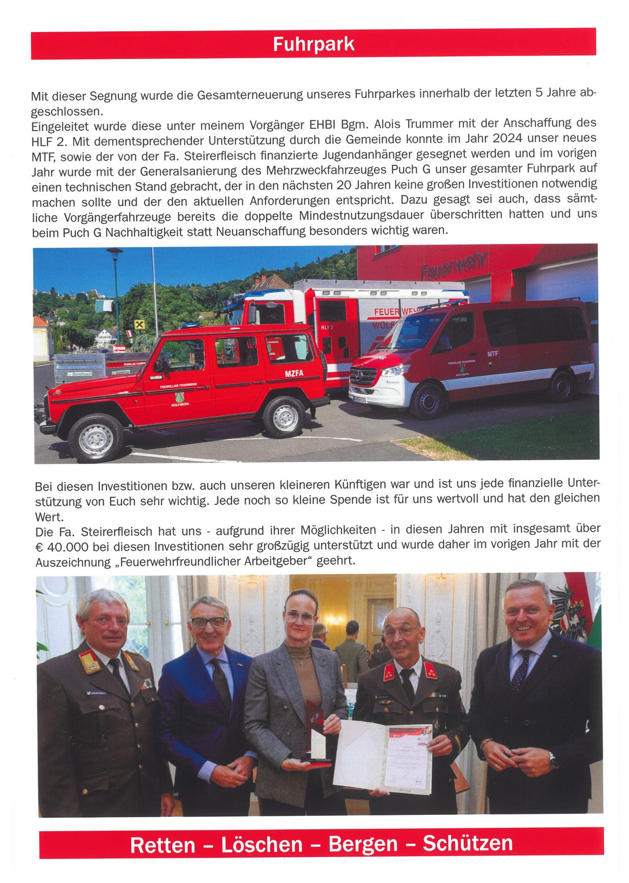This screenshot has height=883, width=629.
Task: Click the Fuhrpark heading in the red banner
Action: pyautogui.click(x=314, y=44)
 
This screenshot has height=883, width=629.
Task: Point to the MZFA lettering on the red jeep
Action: pyautogui.click(x=294, y=373)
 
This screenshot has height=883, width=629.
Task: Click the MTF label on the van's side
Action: pyautogui.click(x=492, y=354)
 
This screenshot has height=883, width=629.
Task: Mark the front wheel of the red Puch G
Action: pyautogui.click(x=96, y=438)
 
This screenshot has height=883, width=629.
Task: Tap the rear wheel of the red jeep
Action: pyautogui.click(x=284, y=417)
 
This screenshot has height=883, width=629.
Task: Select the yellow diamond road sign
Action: pyautogui.click(x=139, y=325)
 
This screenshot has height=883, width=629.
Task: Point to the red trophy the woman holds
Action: pyautogui.click(x=316, y=727)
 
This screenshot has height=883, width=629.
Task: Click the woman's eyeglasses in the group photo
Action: pyautogui.click(x=300, y=617)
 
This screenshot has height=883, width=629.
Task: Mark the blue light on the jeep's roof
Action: pyautogui.click(x=189, y=325)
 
